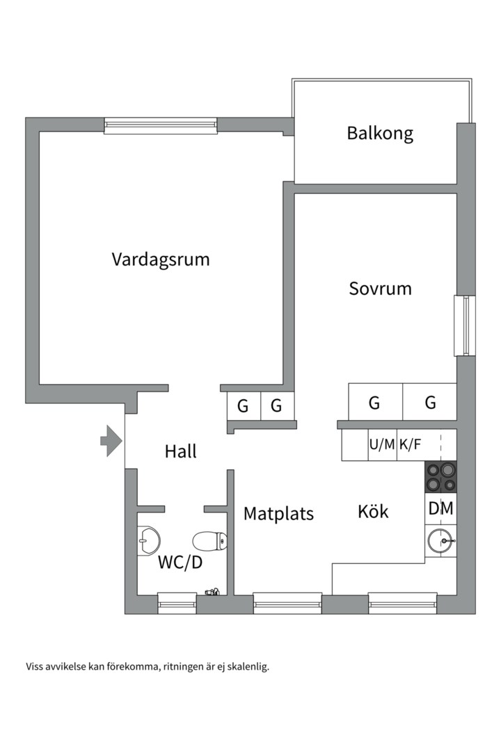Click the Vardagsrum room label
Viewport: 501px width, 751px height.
pyautogui.click(x=161, y=259)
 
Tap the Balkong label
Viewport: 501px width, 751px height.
pyautogui.click(x=380, y=133)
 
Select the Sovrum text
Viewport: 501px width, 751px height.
pyautogui.click(x=380, y=288)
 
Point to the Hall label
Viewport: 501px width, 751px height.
pyautogui.click(x=181, y=451)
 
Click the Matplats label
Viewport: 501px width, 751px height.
pyautogui.click(x=278, y=514)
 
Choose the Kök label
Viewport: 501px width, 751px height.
pyautogui.click(x=373, y=512)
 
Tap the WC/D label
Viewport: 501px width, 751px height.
pyautogui.click(x=180, y=562)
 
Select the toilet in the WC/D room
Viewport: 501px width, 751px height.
pyautogui.click(x=209, y=540)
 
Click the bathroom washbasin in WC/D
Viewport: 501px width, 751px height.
pyautogui.click(x=149, y=538)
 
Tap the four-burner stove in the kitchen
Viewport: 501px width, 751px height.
pyautogui.click(x=440, y=477)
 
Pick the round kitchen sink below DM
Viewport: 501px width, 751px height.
pyautogui.click(x=440, y=540)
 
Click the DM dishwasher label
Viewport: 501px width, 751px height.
pyautogui.click(x=440, y=509)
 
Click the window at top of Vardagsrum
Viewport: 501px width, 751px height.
pyautogui.click(x=161, y=126)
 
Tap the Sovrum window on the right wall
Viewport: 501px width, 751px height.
pyautogui.click(x=462, y=325)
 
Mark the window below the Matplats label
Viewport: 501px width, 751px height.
pyautogui.click(x=287, y=603)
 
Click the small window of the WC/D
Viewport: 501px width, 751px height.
pyautogui.click(x=177, y=603)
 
